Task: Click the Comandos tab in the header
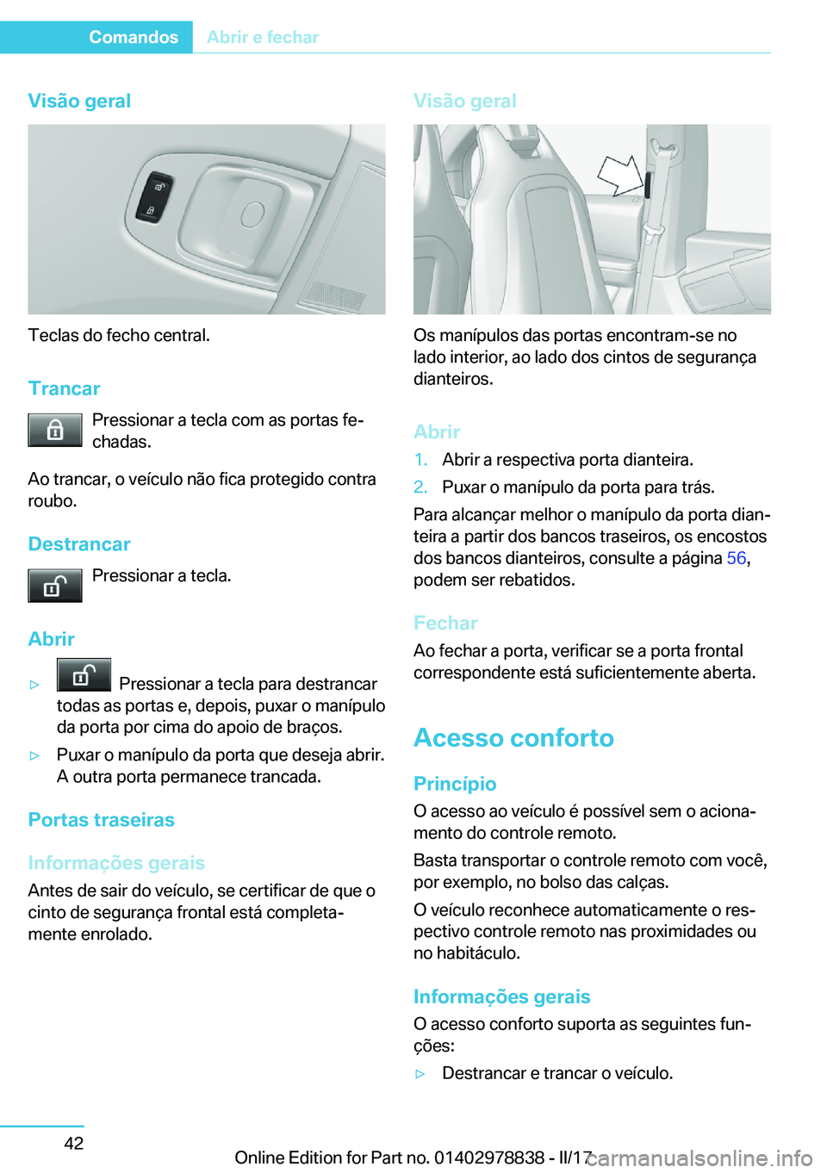133,37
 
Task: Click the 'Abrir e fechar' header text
263,37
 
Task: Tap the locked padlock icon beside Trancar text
54,430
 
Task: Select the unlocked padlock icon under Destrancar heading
54,586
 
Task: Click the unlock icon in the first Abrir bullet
84,675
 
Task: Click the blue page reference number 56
736,558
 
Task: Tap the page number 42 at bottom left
74,1143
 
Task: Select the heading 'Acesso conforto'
513,738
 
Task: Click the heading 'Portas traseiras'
101,820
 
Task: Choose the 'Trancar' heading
64,388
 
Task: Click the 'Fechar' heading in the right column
445,623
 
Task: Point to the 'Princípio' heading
455,784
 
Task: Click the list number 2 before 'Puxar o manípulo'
420,487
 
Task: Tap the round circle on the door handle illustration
252,215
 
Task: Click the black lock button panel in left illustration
153,198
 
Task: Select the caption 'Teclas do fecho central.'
119,335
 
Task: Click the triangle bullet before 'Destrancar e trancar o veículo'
420,1074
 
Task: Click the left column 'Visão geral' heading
79,101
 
